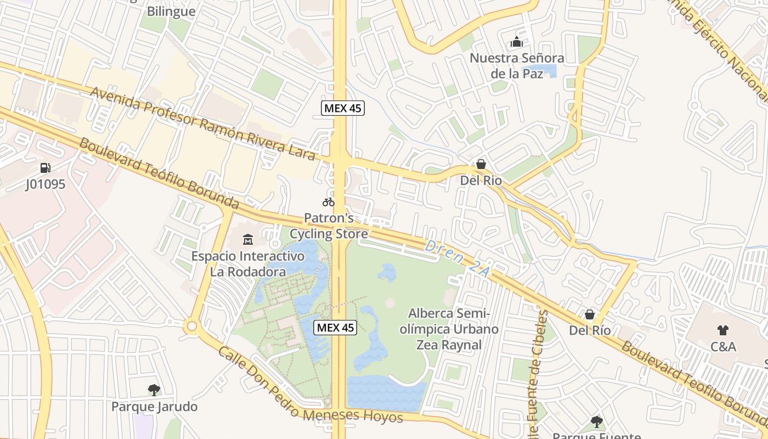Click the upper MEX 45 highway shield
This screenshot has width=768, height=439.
tap(343, 108)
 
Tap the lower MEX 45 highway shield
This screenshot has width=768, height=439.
tap(336, 328)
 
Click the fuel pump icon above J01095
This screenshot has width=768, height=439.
tap(46, 168)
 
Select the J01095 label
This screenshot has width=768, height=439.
tap(46, 184)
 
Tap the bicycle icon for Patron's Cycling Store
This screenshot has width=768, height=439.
tap(329, 202)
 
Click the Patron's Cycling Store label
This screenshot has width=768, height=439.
tap(329, 226)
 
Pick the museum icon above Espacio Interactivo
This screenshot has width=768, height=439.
tap(248, 239)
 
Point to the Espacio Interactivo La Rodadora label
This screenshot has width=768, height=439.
tap(248, 263)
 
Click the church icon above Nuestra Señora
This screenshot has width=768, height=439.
tap(517, 42)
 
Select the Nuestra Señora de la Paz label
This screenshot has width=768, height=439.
tap(517, 65)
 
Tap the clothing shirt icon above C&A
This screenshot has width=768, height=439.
tap(723, 330)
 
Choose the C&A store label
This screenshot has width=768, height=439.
tap(723, 347)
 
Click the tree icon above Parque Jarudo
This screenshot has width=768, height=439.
tap(154, 390)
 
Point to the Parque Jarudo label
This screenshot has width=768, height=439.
tap(154, 407)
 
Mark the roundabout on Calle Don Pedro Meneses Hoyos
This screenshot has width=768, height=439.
tap(191, 327)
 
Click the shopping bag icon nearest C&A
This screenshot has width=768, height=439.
tap(590, 314)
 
